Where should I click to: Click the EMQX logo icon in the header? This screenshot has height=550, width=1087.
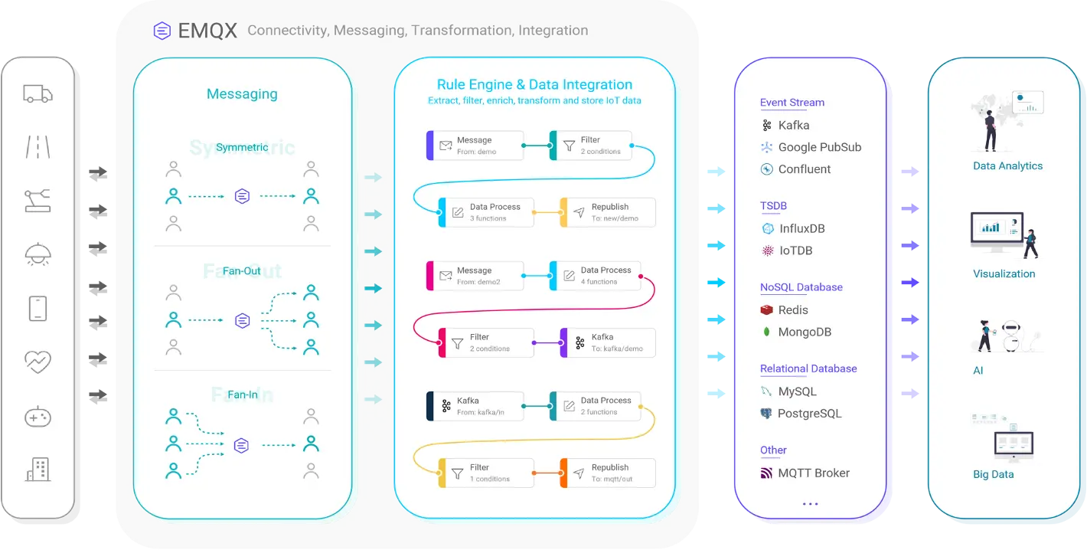pos(162,31)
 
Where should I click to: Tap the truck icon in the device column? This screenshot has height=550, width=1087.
pos(38,94)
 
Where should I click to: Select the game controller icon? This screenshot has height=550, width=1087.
pos(38,417)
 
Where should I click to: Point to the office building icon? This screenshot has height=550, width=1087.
pos(38,469)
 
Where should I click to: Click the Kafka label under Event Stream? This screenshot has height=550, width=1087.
pos(794,125)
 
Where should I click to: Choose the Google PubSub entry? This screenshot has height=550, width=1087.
pos(819,147)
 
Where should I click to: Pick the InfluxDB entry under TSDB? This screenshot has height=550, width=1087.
pos(801,228)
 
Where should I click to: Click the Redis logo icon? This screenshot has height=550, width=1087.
pos(766,310)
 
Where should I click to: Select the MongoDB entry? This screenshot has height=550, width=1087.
pos(804,332)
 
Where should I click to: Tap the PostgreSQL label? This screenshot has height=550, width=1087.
pos(809,414)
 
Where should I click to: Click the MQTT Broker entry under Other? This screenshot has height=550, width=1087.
pos(813,473)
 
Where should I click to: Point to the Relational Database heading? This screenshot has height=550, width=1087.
pos(808,368)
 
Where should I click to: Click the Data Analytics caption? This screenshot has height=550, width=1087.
pos(1007,165)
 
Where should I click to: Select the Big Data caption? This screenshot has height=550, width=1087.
pos(993,474)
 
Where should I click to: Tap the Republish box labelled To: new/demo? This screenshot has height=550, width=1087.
pos(608,212)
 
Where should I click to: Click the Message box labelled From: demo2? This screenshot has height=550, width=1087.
pos(475,276)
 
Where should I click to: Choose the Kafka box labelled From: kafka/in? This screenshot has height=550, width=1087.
pos(475,406)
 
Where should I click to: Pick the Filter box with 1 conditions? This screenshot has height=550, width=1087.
pos(485,473)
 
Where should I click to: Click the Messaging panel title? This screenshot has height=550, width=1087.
pos(242,94)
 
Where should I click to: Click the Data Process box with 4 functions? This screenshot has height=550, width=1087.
pos(596,276)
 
